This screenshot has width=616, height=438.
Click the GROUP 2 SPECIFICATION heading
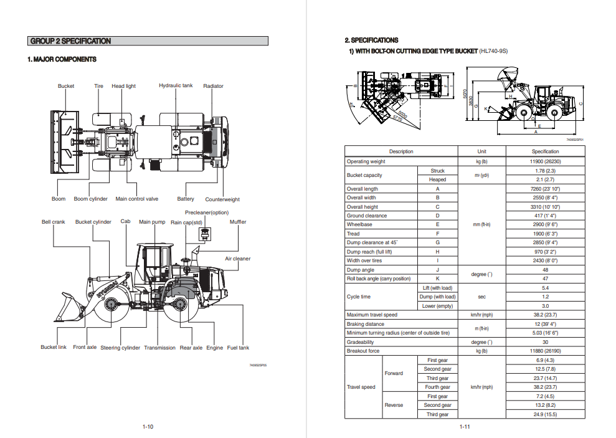click(x=70, y=41)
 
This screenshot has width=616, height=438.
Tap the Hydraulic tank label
click(x=176, y=85)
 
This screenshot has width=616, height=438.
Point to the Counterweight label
click(x=222, y=199)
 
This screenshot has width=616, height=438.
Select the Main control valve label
click(x=137, y=199)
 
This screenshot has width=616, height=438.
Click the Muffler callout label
click(x=238, y=222)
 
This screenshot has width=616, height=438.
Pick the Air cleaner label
click(x=238, y=259)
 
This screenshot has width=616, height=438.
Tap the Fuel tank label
click(x=238, y=348)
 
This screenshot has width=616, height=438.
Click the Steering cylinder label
click(x=120, y=348)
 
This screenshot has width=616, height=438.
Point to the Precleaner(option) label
click(x=207, y=212)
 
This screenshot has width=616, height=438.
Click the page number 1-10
click(x=148, y=427)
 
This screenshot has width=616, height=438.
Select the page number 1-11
click(x=465, y=427)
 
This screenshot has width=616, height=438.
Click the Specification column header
click(x=545, y=151)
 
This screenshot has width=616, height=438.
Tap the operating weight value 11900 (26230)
click(x=545, y=161)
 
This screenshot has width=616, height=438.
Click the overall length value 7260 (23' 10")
click(x=545, y=189)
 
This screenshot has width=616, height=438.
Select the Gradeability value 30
click(x=545, y=342)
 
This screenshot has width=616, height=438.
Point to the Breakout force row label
click(x=363, y=351)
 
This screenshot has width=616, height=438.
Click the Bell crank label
click(x=54, y=222)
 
